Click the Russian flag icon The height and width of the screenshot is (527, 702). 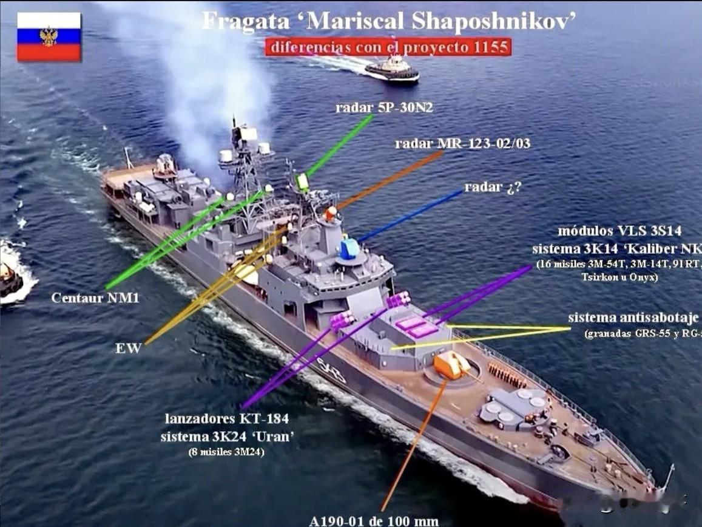point(49,36)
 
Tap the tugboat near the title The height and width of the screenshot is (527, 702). point(393,69)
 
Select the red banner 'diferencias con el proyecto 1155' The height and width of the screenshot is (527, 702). point(388,47)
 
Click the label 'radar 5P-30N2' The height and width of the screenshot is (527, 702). point(384,108)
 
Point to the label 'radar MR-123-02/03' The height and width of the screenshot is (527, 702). point(462,143)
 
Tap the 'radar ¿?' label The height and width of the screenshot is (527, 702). point(493,187)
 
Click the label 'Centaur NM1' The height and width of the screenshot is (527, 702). point(95,298)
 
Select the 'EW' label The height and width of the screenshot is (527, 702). point(128,348)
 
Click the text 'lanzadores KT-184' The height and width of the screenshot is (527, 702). point(226,418)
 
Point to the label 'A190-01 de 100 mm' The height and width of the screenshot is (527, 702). point(373,520)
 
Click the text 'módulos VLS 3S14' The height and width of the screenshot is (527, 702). point(619,231)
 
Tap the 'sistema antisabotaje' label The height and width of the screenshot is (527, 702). point(633,318)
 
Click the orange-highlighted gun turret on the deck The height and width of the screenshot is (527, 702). point(451,365)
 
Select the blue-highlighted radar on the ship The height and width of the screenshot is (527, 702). point(349,248)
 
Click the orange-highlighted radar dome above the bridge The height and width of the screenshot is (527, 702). point(330,213)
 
